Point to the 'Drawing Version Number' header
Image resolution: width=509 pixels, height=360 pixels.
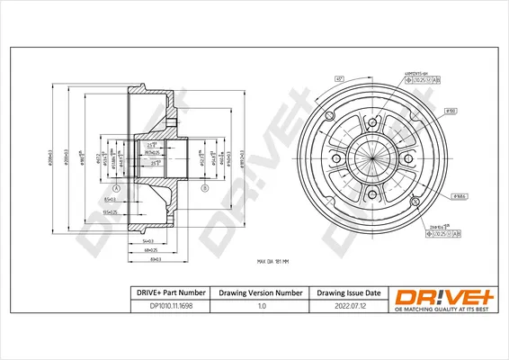[262, 293]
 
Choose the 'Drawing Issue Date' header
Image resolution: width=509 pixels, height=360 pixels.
[348, 293]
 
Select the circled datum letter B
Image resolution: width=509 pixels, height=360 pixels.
[205, 187]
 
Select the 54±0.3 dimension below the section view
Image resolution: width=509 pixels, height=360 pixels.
[147, 241]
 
